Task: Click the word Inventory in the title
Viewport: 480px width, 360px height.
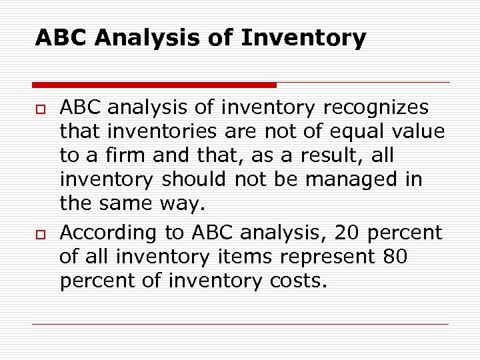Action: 303,38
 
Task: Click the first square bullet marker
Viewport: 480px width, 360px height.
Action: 39,109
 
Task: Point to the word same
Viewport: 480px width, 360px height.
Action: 125,204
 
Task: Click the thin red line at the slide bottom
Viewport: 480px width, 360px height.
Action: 240,324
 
